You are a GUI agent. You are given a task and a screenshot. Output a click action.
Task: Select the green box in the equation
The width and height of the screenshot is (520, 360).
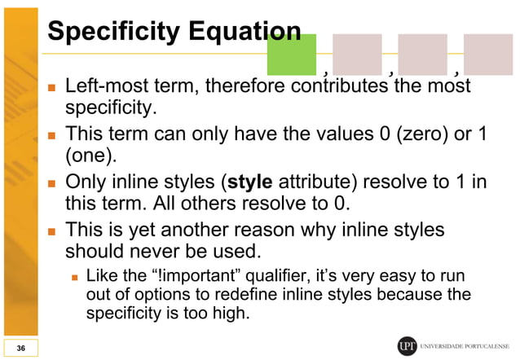292,55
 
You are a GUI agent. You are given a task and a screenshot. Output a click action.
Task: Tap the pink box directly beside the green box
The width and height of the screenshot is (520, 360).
357,55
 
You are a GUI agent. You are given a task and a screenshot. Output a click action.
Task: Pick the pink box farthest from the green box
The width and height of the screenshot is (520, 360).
488,55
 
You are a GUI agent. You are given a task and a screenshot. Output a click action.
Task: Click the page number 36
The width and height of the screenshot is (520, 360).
20,348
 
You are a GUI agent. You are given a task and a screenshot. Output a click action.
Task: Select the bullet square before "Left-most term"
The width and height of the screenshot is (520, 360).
51,86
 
